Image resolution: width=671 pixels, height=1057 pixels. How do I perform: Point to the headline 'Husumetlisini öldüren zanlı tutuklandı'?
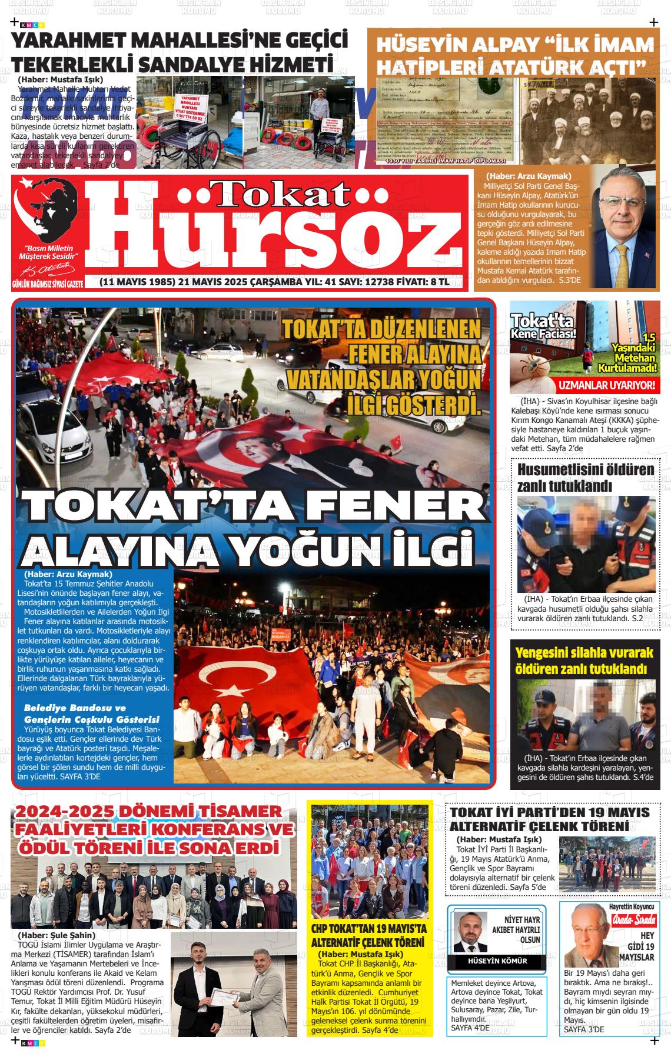585,478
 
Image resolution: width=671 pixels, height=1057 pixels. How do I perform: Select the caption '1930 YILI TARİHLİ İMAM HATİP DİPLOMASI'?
446,161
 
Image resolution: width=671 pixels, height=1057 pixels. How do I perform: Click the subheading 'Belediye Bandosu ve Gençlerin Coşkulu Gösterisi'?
91,713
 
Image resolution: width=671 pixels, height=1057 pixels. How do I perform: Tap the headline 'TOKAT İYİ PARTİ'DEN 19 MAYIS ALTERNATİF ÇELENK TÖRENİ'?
550,819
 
